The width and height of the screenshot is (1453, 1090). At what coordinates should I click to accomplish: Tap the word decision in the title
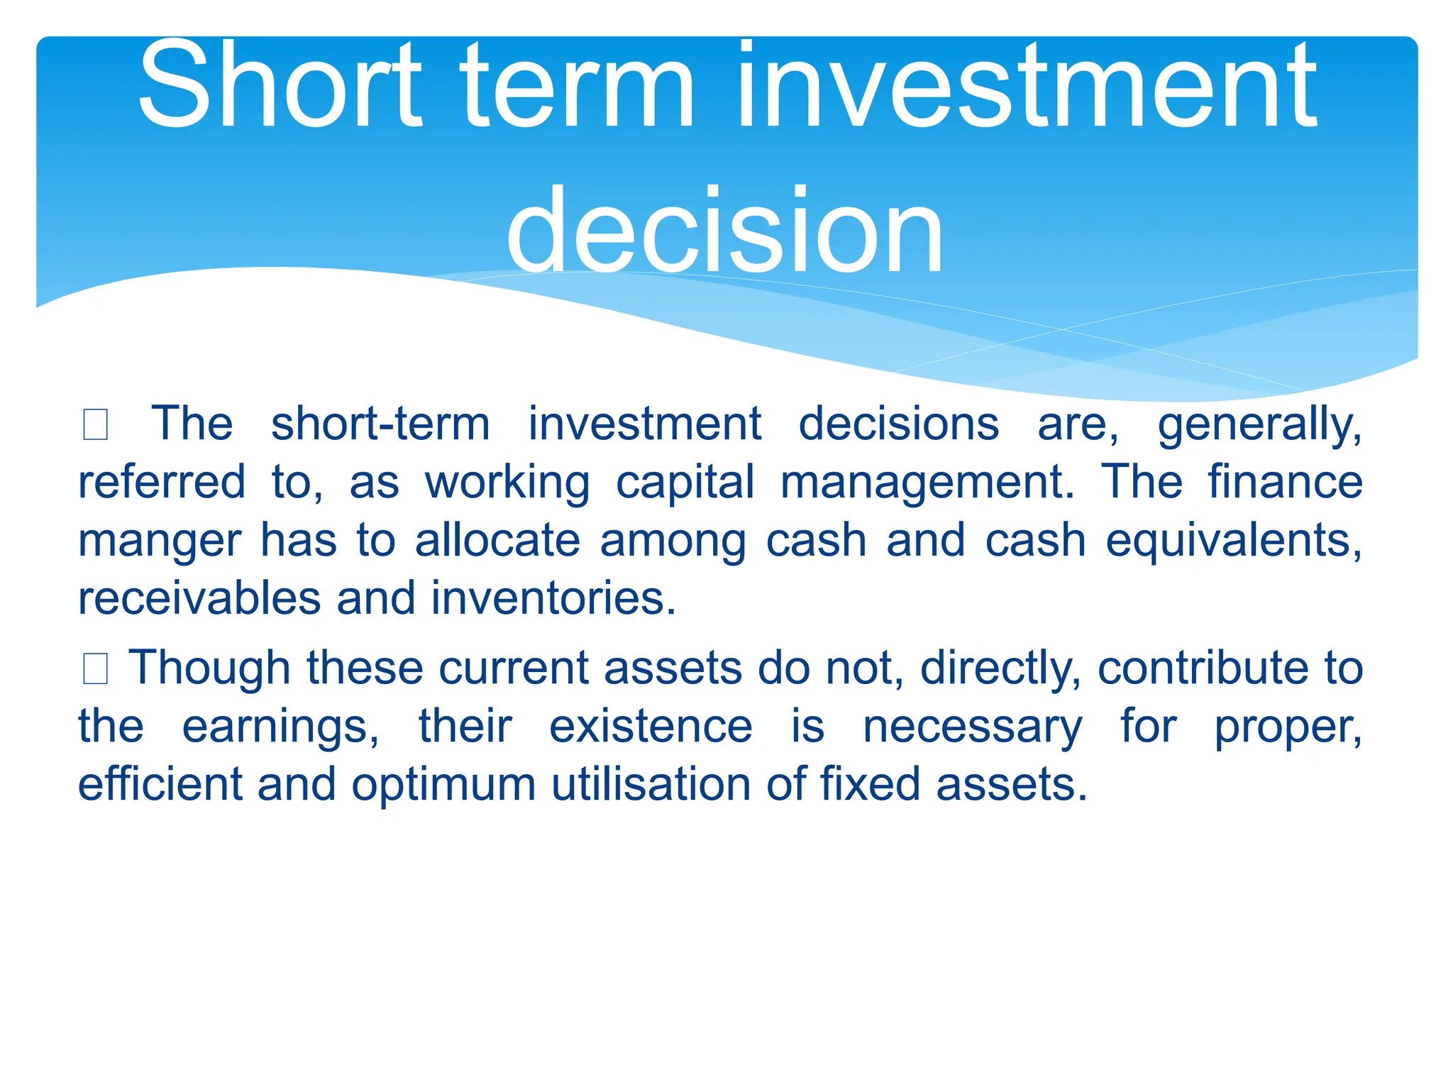(725, 230)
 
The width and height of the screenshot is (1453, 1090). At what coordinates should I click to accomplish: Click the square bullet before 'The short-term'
(95, 425)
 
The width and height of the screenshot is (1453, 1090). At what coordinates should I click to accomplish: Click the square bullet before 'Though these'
(95, 669)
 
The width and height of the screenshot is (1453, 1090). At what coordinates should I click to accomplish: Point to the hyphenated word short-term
(380, 424)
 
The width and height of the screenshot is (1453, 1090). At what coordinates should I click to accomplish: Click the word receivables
(199, 598)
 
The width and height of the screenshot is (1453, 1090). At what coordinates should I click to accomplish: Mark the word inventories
(553, 598)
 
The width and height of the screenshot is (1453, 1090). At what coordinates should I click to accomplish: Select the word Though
(209, 669)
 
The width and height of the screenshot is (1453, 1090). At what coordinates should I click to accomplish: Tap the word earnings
(281, 728)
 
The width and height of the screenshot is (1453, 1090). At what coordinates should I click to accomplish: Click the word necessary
(973, 728)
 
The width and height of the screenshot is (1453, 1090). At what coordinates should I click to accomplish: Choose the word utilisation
(651, 785)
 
